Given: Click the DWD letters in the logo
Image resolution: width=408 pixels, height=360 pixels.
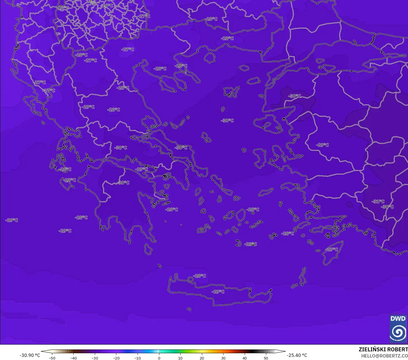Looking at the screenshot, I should pyautogui.click(x=398, y=319).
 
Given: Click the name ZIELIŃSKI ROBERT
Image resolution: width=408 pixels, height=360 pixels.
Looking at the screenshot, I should pyautogui.click(x=383, y=349).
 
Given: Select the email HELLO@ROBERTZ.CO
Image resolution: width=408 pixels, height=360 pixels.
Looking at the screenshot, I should pyautogui.click(x=384, y=356).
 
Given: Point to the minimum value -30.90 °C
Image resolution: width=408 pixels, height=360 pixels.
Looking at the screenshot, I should pyautogui.click(x=30, y=355).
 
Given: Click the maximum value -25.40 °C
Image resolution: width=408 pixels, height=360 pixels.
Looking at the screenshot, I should pyautogui.click(x=297, y=355).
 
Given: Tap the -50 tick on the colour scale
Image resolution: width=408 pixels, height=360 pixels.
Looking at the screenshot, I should pyautogui.click(x=52, y=358).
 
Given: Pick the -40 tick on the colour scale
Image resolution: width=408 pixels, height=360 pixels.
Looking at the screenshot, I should pyautogui.click(x=74, y=358).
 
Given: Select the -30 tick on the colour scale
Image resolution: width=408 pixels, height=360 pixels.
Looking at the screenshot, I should pyautogui.click(x=95, y=358).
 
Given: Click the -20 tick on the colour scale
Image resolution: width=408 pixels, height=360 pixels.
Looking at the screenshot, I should pyautogui.click(x=116, y=358).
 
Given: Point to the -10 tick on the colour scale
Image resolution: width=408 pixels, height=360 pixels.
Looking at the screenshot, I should pyautogui.click(x=138, y=358).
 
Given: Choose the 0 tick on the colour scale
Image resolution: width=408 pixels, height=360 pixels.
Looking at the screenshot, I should pyautogui.click(x=159, y=358).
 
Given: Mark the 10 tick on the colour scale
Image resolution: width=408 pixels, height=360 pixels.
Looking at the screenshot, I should pyautogui.click(x=180, y=358).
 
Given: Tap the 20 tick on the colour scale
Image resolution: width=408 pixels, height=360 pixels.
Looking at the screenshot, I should pyautogui.click(x=202, y=358).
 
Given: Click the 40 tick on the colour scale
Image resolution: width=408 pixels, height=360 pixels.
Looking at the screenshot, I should pyautogui.click(x=245, y=358).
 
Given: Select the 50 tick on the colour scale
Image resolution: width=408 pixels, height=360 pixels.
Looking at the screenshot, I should pyautogui.click(x=266, y=358).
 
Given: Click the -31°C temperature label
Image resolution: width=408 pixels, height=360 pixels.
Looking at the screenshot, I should pyautogui.click(x=378, y=201).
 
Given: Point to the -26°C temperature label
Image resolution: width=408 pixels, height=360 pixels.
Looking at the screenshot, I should pyautogui.click(x=107, y=6).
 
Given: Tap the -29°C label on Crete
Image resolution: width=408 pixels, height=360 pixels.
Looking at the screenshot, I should pyautogui.click(x=218, y=291).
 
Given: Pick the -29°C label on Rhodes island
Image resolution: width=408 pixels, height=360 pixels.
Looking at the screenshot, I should pyautogui.click(x=332, y=249).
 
